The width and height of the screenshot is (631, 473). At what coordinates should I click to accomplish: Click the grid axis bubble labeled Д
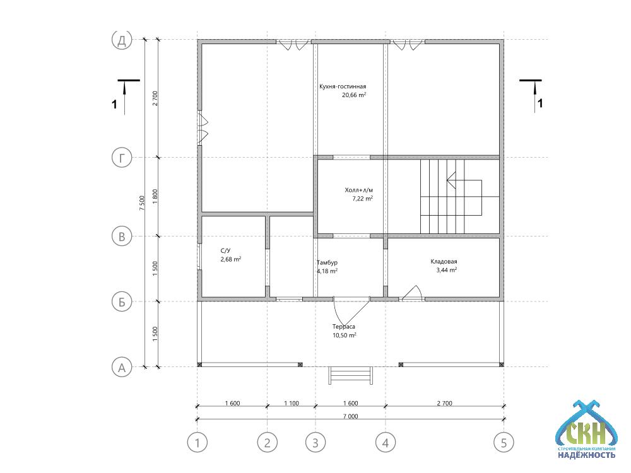pos(122,40)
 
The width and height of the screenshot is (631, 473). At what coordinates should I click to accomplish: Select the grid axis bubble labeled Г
pos(122,158)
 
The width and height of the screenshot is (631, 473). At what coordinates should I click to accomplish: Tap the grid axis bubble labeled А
pos(122,367)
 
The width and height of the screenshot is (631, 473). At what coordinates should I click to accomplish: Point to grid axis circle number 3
pos(315,443)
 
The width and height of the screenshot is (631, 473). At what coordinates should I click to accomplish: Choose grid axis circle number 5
pos(504,443)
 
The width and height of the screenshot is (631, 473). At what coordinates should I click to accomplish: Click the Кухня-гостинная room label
pos(343,86)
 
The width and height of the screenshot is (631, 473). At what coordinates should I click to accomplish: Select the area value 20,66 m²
pos(354,95)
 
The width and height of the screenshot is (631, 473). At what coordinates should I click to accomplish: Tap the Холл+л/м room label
pos(359,190)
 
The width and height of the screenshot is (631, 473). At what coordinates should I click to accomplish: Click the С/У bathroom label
pos(226,250)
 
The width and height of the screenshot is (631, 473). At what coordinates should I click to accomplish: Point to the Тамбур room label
pos(327,262)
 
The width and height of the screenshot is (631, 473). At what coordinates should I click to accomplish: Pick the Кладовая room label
pos(444,262)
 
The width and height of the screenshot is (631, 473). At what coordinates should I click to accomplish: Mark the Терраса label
pos(344,327)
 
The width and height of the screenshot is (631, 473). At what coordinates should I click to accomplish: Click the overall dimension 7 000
pos(350,416)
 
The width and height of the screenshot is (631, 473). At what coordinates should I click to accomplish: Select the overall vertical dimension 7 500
pos(141,203)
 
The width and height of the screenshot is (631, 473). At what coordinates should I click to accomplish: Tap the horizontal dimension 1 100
pos(292,403)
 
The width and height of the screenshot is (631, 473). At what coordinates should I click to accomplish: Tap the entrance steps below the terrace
pos(350,375)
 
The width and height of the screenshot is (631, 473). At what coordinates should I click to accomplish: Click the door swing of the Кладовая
pos(411,293)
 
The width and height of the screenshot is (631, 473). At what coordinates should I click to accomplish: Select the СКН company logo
pos(586,428)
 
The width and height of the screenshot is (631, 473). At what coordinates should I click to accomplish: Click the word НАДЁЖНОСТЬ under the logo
pos(586,455)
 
